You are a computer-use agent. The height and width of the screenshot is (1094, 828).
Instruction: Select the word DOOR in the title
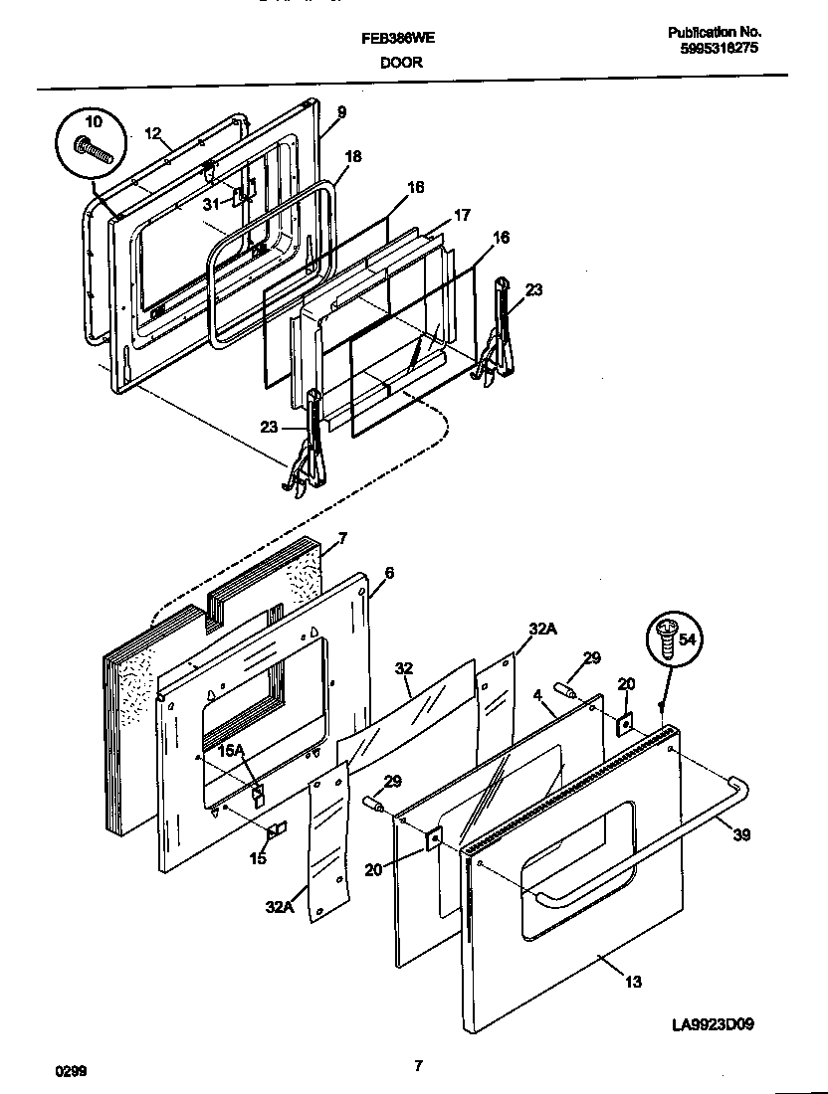pyautogui.click(x=401, y=62)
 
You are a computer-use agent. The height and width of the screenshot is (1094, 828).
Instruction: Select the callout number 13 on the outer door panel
pyautogui.click(x=633, y=983)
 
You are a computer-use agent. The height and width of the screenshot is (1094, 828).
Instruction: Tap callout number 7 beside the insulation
pyautogui.click(x=341, y=538)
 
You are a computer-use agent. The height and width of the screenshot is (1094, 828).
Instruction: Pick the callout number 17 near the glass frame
pyautogui.click(x=462, y=215)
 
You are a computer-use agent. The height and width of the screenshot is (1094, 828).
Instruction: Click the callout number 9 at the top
pyautogui.click(x=341, y=112)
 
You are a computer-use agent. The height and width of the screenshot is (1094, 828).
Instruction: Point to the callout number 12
pyautogui.click(x=152, y=132)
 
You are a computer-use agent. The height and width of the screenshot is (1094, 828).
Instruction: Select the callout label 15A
pyautogui.click(x=232, y=751)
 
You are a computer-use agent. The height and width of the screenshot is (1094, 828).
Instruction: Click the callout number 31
pyautogui.click(x=210, y=204)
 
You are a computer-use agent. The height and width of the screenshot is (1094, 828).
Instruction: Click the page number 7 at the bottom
pyautogui.click(x=418, y=1066)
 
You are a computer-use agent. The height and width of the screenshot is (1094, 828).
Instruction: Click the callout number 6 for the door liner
pyautogui.click(x=389, y=573)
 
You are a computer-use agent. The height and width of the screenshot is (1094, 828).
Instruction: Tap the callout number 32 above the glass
pyautogui.click(x=402, y=668)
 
